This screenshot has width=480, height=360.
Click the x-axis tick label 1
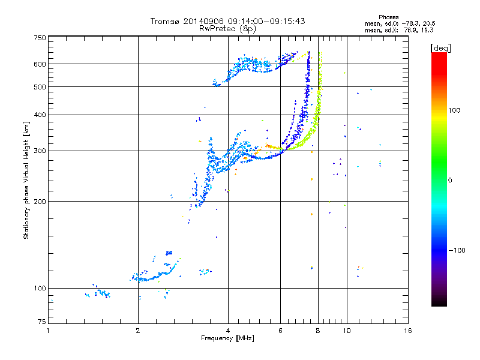(49, 331)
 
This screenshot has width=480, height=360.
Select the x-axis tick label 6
(280, 331)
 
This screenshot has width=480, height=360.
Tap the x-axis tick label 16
(407, 331)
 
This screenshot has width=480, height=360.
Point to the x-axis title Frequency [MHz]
(227, 339)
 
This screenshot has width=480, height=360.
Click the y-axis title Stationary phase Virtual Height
(26, 180)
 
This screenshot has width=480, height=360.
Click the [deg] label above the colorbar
(440, 47)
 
